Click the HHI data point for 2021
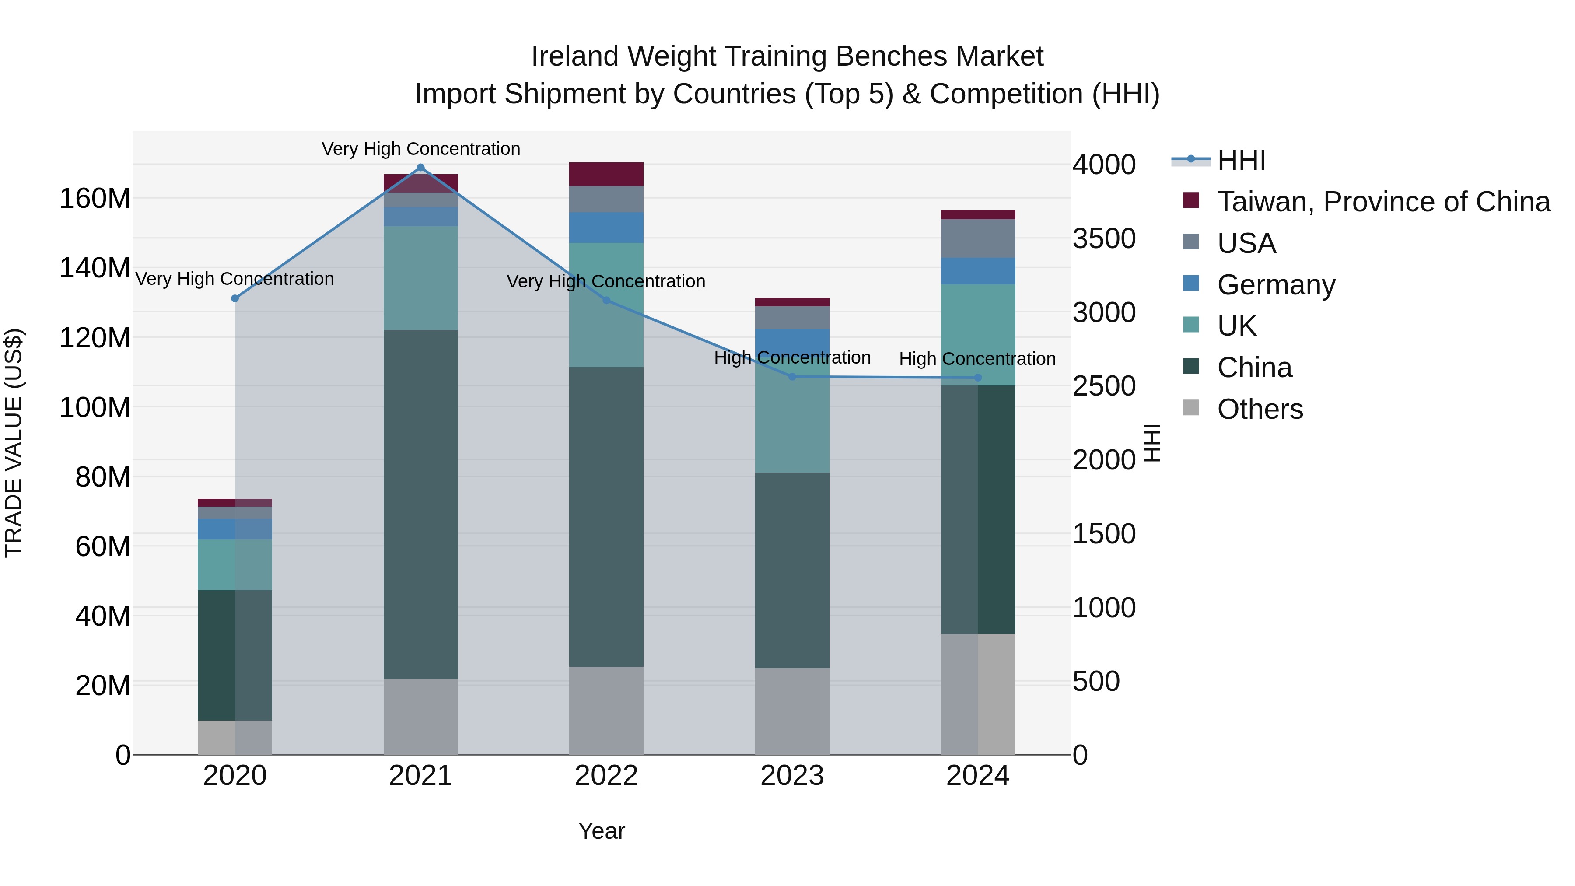pos(420,168)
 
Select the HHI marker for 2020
pos(235,298)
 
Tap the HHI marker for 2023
pos(792,377)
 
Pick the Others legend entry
pos(1260,409)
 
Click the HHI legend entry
pos(1241,160)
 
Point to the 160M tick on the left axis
pos(95,199)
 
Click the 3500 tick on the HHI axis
pos(1104,238)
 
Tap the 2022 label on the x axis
pos(606,776)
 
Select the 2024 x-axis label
pos(978,776)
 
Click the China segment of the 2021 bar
pos(420,504)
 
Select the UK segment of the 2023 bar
pos(792,422)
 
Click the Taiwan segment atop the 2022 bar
pos(606,174)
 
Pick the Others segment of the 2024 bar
pos(978,694)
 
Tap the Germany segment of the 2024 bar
pos(978,271)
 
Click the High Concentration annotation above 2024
pos(977,359)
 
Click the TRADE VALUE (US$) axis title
pos(14,443)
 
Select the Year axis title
pos(602,831)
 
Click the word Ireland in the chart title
pos(575,56)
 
